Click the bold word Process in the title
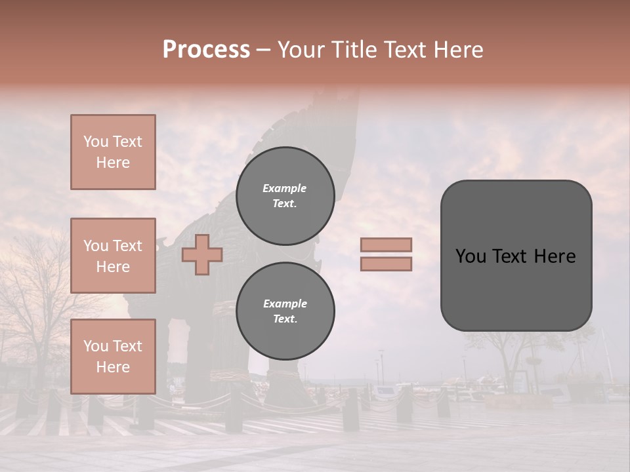point(206,50)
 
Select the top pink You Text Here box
point(113,152)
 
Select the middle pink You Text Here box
point(113,256)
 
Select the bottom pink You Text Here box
point(113,356)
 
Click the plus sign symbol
point(202,254)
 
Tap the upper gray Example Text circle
point(285,195)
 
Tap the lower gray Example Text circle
point(285,311)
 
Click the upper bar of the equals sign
point(386,245)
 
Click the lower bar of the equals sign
point(386,264)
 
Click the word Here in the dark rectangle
point(555,256)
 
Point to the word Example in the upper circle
point(285,188)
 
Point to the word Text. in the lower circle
point(285,319)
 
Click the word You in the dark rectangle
point(470,256)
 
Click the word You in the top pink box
point(96,142)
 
